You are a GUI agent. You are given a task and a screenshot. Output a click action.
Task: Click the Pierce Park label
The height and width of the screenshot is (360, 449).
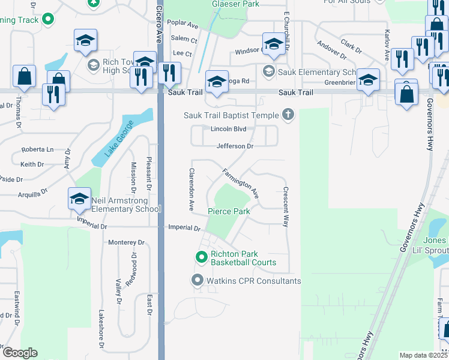click(229, 211)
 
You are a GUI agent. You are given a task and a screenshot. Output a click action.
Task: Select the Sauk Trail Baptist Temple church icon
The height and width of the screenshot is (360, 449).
click(288, 115)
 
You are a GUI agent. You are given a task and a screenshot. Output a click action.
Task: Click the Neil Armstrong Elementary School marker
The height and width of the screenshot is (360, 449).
click(79, 199)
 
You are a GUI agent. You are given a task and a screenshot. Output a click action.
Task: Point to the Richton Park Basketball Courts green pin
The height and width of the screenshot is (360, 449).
click(202, 257)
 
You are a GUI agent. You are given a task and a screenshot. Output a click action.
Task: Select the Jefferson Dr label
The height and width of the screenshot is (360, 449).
click(235, 146)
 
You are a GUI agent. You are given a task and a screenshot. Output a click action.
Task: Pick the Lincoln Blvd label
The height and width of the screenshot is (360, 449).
click(229, 129)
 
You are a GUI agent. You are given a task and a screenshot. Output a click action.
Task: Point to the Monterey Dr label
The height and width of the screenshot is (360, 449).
click(127, 242)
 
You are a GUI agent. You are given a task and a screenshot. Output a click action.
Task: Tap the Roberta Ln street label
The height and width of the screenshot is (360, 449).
click(37, 149)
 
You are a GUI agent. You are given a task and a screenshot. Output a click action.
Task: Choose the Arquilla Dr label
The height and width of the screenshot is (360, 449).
click(32, 194)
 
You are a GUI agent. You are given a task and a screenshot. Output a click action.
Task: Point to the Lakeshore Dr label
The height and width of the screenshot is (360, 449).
click(100, 329)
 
